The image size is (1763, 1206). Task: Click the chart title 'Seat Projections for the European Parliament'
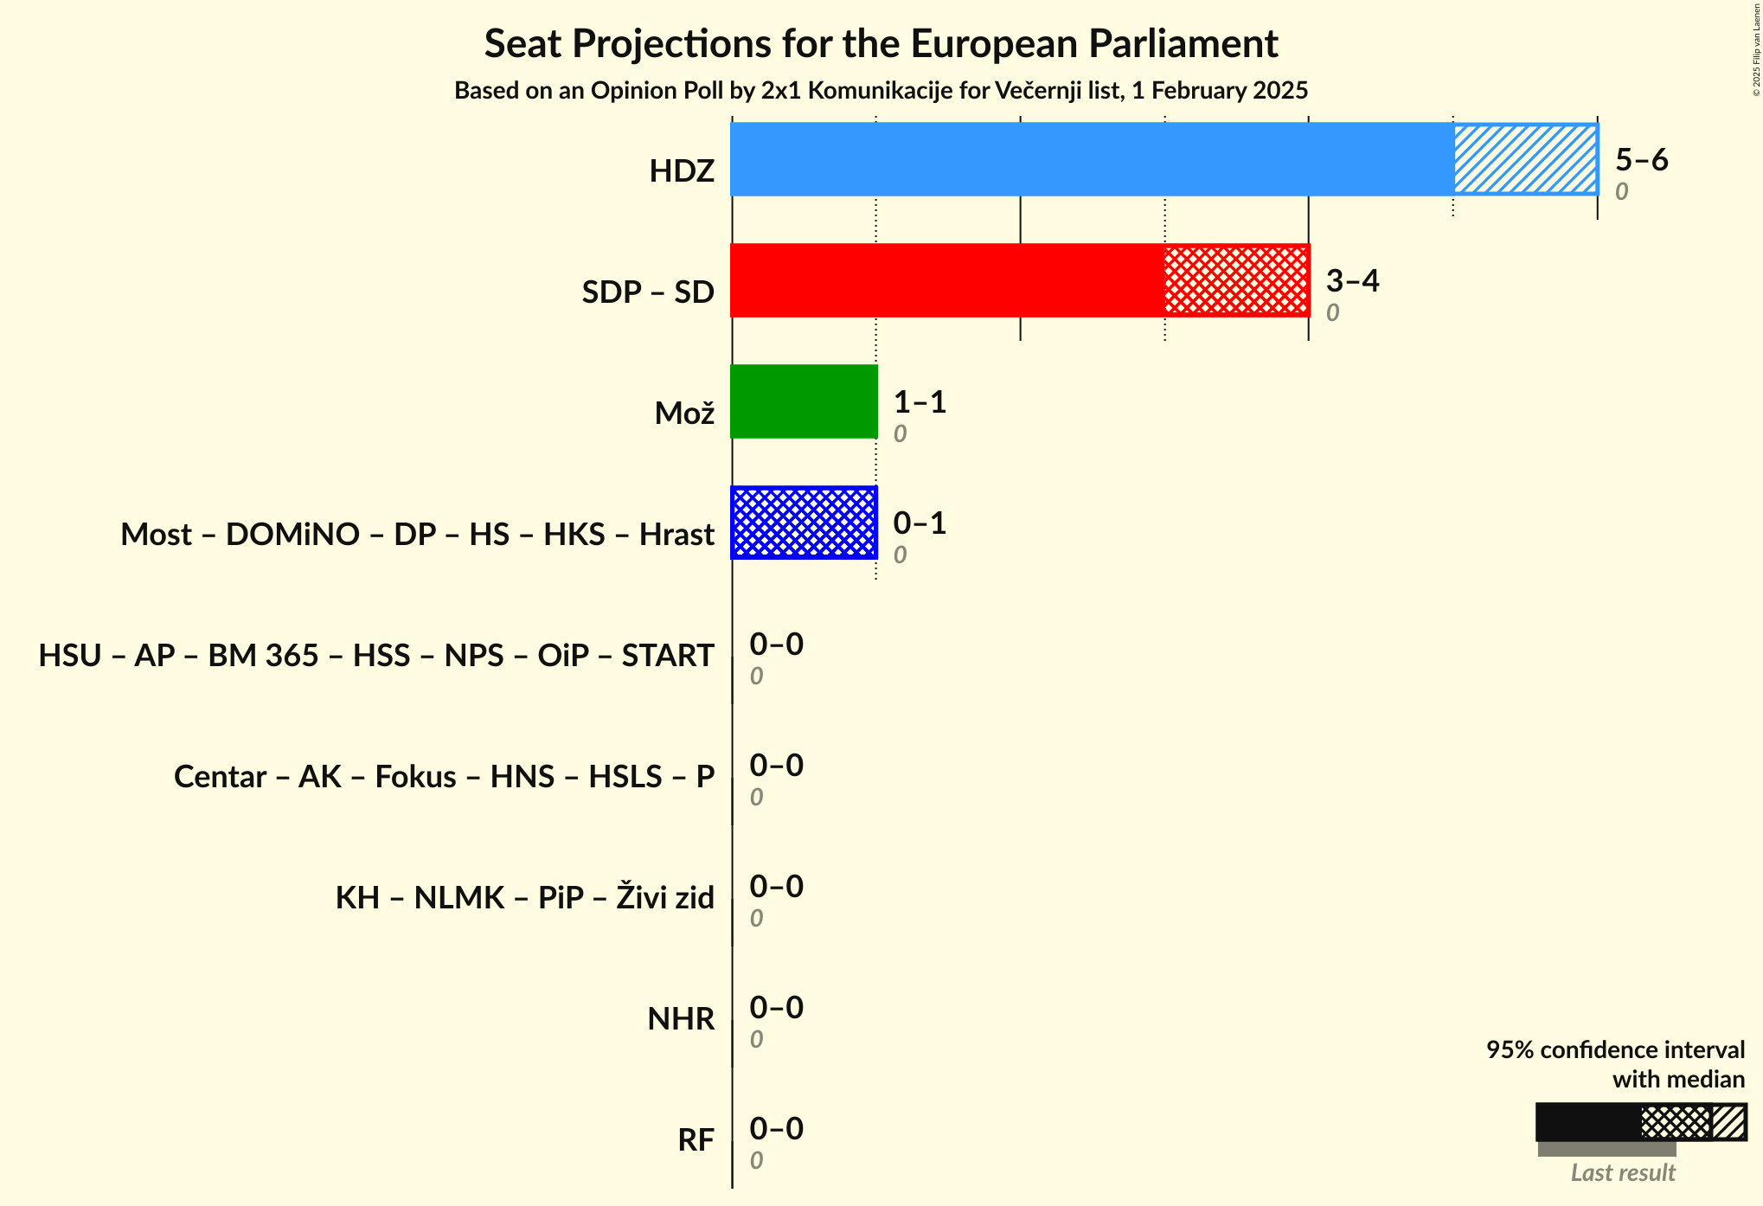(x=881, y=43)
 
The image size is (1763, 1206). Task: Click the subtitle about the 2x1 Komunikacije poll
(x=881, y=91)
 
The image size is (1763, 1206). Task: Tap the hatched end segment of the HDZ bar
(x=1525, y=159)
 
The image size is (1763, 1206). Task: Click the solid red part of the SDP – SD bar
(x=947, y=280)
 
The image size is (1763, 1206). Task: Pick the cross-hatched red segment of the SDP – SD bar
(x=1236, y=280)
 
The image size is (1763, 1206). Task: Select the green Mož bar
(x=804, y=401)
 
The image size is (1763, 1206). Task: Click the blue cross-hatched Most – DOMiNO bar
(x=804, y=523)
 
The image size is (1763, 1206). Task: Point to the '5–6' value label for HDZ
(x=1641, y=160)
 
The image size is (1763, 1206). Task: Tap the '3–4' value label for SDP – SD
(x=1352, y=281)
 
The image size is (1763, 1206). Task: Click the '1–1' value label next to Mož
(x=920, y=402)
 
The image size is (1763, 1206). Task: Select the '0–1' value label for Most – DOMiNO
(x=920, y=523)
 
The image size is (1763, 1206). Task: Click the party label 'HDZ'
(x=682, y=171)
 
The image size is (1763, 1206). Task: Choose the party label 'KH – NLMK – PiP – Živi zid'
(x=524, y=898)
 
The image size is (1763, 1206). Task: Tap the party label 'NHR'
(x=681, y=1019)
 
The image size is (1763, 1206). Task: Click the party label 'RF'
(x=696, y=1140)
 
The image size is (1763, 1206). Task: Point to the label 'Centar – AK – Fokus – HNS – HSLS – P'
(x=444, y=777)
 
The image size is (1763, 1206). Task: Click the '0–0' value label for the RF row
(x=776, y=1129)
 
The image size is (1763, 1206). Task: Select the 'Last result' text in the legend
(x=1623, y=1173)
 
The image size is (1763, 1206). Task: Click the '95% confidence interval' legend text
(x=1615, y=1050)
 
